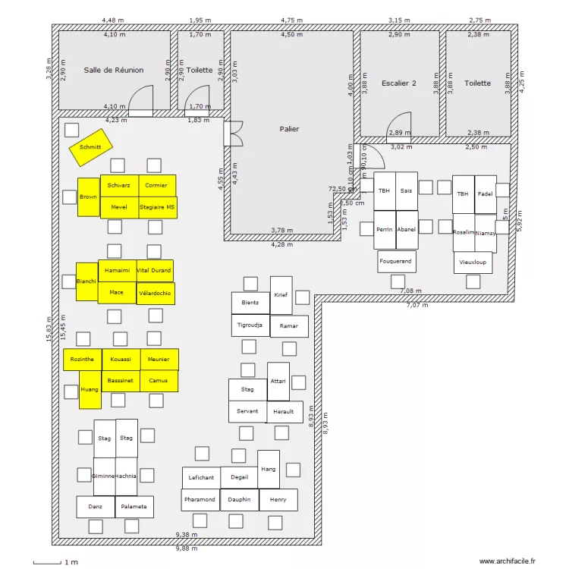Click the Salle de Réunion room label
[114, 70]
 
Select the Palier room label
[289, 129]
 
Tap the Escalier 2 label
[399, 83]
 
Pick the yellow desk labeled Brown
[89, 197]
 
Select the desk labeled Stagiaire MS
[158, 207]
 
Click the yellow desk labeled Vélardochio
[155, 293]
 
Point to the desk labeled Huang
[90, 389]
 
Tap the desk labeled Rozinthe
[82, 359]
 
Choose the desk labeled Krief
[281, 295]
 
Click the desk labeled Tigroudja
[250, 325]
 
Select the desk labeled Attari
[278, 382]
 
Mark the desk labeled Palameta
[135, 507]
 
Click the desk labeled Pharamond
[200, 500]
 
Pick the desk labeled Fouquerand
[397, 262]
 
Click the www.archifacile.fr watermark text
[507, 561]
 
